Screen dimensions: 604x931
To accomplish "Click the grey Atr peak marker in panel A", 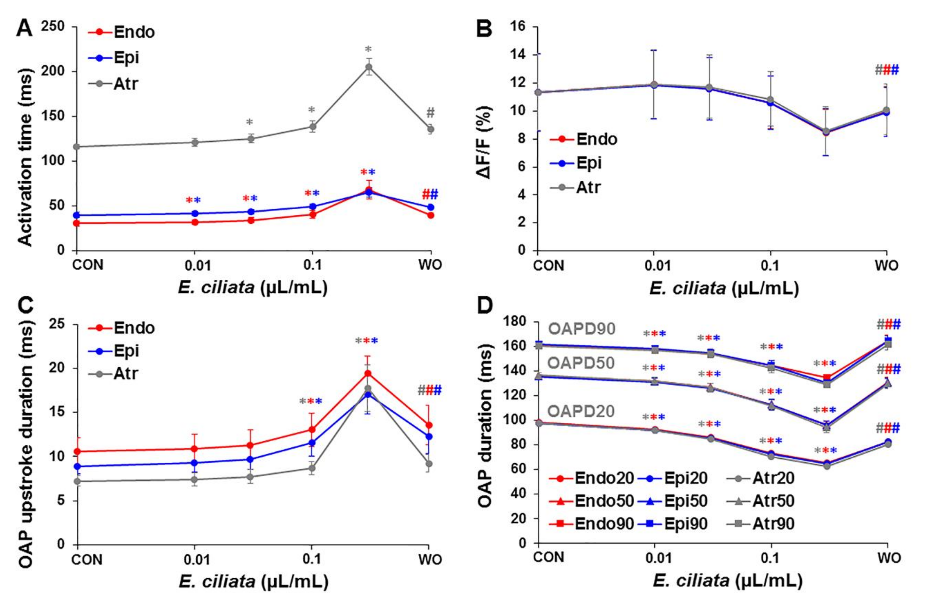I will [x=368, y=67].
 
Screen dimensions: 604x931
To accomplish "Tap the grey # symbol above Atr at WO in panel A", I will [x=430, y=113].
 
